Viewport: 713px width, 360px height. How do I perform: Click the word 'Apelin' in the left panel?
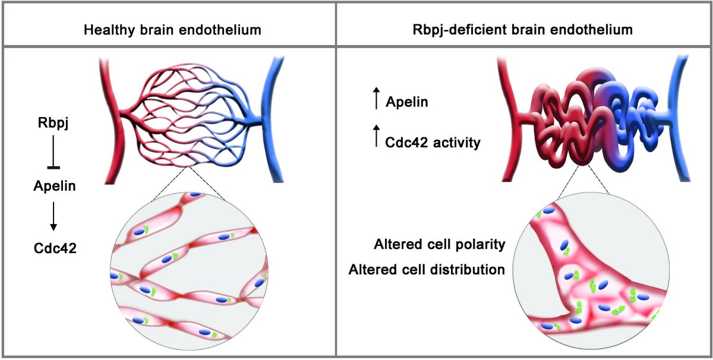[x=54, y=187]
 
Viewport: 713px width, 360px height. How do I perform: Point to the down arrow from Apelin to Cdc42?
[x=54, y=216]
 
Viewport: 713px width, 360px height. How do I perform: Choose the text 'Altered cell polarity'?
[x=440, y=245]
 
